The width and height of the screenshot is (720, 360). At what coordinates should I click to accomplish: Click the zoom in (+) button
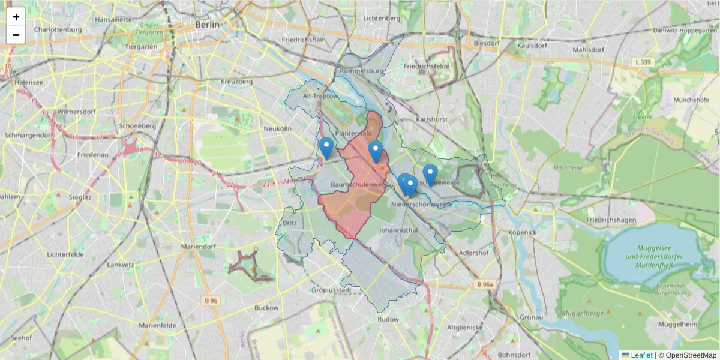(16, 17)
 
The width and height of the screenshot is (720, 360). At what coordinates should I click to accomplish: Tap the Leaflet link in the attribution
(641, 355)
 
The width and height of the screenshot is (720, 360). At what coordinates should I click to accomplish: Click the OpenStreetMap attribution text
(691, 355)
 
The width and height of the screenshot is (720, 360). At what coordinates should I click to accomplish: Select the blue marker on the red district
(376, 151)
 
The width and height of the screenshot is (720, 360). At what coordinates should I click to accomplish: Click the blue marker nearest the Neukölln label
(326, 147)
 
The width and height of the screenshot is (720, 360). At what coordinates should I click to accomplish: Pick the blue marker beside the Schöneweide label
(430, 174)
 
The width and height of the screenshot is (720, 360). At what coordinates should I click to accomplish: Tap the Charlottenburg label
(58, 29)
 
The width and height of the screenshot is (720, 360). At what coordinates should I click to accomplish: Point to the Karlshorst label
(432, 119)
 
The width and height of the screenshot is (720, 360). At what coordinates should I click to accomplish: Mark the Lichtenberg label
(382, 18)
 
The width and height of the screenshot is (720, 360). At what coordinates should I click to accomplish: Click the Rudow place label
(388, 319)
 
